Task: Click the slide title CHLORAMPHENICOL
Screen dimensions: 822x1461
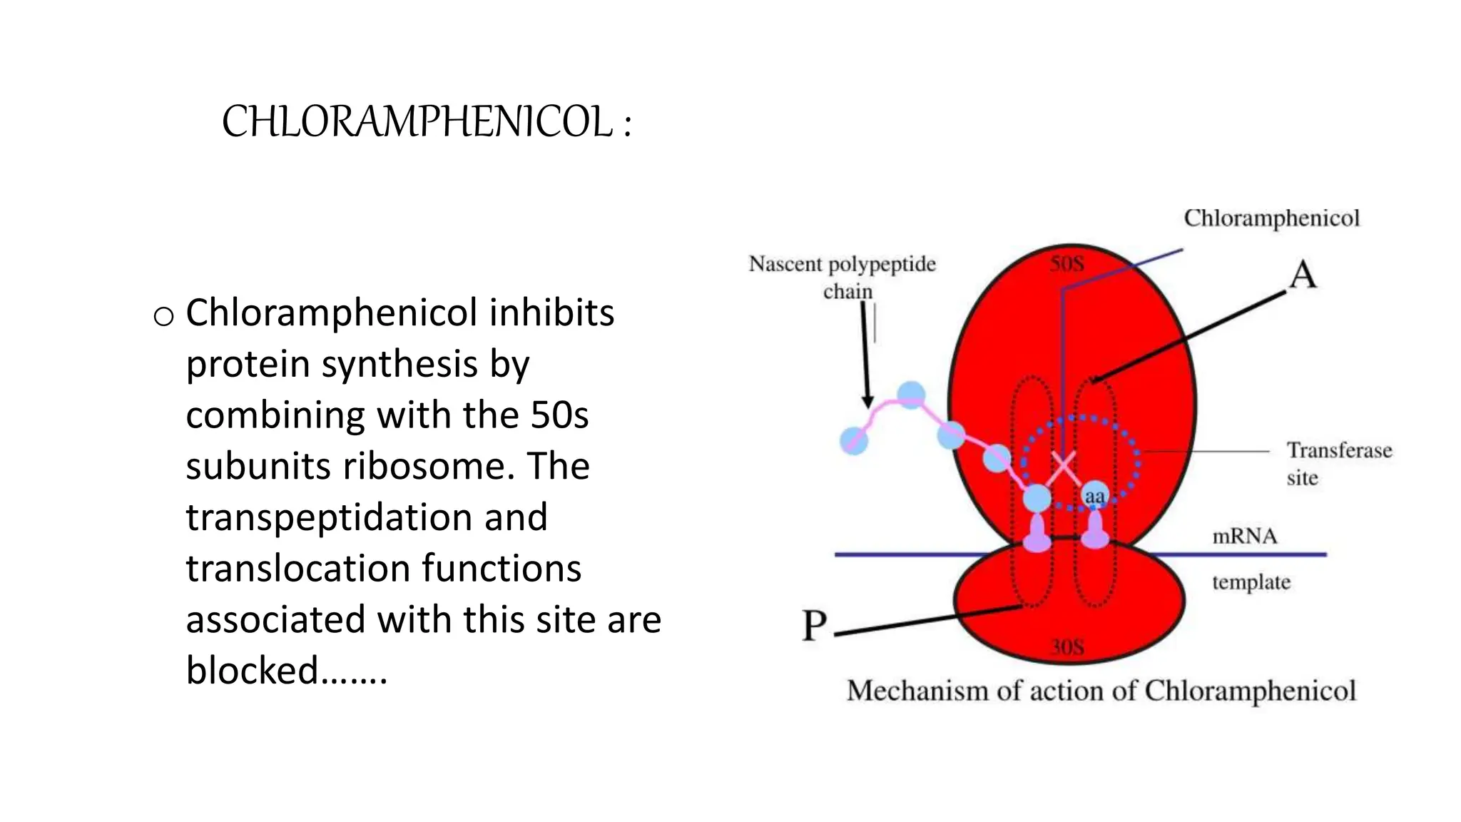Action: point(426,121)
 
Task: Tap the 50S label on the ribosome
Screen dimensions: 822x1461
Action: point(1067,264)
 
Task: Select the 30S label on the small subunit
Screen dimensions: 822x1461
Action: point(1067,647)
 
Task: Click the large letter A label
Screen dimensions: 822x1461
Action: point(1303,275)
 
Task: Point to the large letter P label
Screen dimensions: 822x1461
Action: point(814,626)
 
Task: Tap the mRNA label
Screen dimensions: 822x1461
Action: point(1244,536)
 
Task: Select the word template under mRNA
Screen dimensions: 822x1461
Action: point(1251,582)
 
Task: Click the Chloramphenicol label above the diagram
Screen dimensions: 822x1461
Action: point(1271,218)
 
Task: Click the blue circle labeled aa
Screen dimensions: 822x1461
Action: point(1095,495)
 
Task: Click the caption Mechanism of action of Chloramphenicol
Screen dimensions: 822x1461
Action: point(1101,691)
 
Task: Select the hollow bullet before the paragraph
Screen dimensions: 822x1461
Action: point(163,315)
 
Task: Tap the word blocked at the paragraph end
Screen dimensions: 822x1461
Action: point(252,671)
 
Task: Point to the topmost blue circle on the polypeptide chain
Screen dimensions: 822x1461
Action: point(911,395)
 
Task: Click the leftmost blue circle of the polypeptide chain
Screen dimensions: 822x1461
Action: point(854,440)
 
